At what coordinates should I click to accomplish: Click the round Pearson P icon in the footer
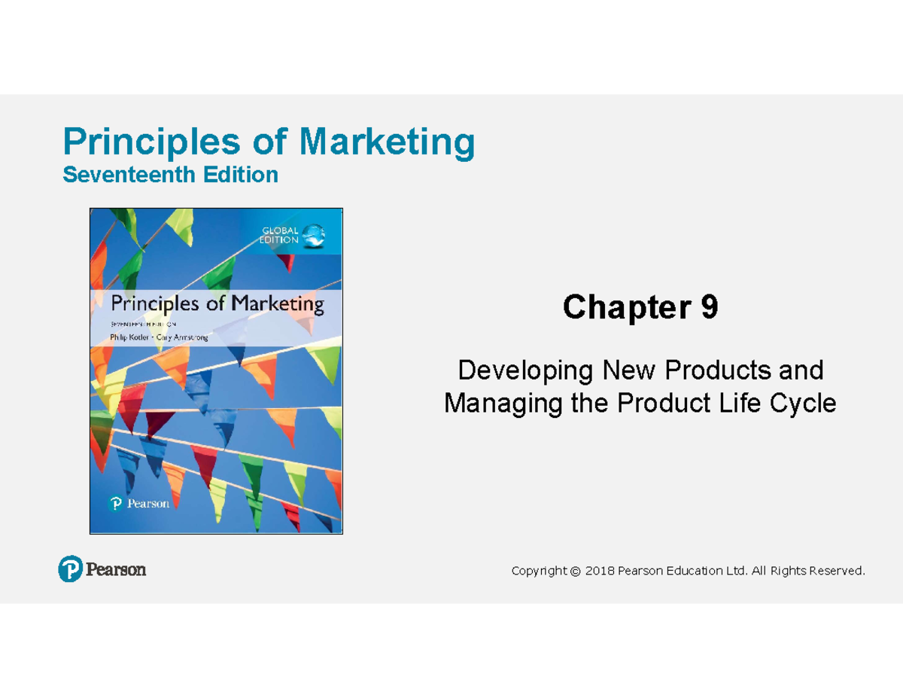coord(70,569)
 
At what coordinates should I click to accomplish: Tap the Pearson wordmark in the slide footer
coord(116,570)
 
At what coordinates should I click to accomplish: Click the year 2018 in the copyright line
coord(600,572)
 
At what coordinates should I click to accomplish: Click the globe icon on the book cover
coord(315,236)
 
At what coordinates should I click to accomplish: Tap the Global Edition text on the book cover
coord(281,235)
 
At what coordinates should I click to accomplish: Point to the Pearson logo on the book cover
coord(140,504)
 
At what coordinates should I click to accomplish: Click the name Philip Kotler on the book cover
coord(131,338)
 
